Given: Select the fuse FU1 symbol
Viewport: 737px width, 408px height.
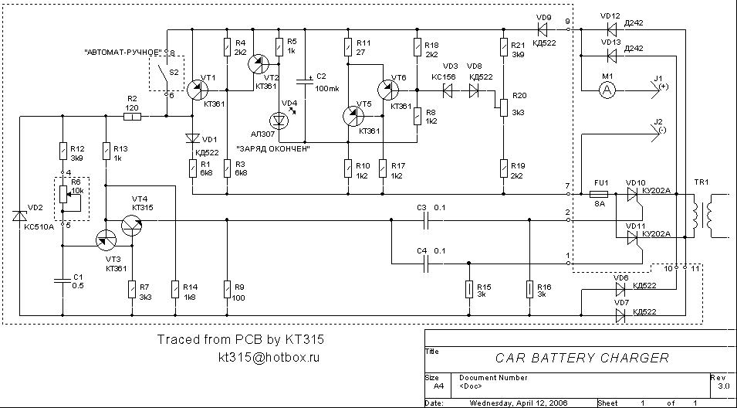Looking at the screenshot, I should pos(601,194).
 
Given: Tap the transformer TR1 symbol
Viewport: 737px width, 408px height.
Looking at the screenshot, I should pos(703,216).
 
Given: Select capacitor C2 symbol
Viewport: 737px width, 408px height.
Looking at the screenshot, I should pos(306,80).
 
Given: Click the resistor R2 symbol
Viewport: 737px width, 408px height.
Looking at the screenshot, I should pos(133,117).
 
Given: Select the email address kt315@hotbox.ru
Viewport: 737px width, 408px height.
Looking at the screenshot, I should pos(269,358).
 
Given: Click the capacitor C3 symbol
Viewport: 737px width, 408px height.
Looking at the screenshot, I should pos(423,219).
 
